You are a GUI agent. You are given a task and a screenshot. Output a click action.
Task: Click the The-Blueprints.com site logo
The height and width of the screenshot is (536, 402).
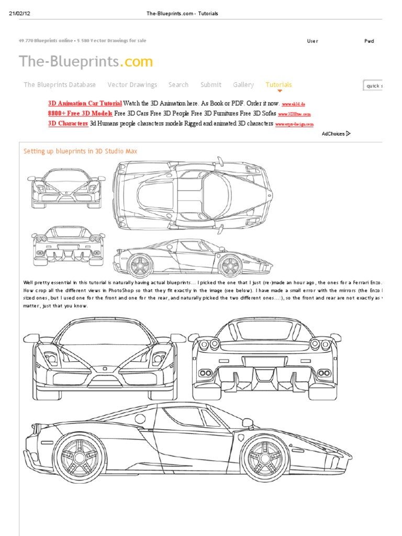click(x=86, y=62)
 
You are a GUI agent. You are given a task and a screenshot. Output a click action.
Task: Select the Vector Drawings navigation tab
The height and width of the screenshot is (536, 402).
click(x=132, y=85)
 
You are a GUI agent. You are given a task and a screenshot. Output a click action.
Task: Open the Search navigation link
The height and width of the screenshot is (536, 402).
click(x=178, y=85)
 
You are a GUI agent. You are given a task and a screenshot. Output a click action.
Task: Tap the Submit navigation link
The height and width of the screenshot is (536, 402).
click(x=210, y=85)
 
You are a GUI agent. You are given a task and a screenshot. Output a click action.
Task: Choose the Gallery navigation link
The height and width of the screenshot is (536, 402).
click(x=243, y=85)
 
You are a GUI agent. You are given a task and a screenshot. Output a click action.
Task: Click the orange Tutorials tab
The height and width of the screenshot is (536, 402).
click(x=278, y=85)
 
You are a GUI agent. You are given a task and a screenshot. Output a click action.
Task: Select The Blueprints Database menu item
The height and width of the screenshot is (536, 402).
click(x=60, y=85)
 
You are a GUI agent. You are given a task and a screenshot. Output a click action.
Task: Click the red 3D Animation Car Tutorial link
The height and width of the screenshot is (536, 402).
click(x=85, y=104)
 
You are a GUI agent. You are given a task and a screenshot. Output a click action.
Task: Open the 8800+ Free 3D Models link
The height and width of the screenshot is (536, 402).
click(x=80, y=114)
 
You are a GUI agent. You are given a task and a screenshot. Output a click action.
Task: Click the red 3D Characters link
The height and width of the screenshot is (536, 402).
click(x=68, y=124)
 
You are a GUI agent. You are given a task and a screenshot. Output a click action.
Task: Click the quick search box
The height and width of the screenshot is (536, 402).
click(x=373, y=86)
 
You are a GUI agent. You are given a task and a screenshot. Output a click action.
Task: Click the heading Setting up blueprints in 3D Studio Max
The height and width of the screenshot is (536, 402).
click(x=81, y=151)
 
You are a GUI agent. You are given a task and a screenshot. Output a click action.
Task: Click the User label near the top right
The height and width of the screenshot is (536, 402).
click(x=312, y=41)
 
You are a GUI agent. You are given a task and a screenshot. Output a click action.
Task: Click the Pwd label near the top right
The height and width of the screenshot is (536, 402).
click(x=369, y=41)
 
